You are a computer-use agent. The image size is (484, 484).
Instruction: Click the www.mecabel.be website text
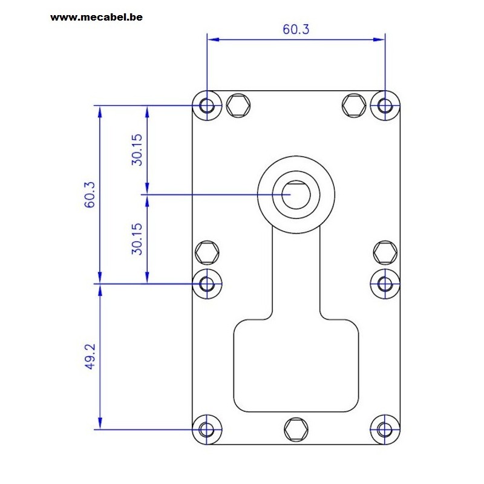(x=96, y=18)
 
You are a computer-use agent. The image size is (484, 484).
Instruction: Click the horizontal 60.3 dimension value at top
(x=296, y=29)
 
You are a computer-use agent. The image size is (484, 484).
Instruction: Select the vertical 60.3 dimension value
(x=90, y=195)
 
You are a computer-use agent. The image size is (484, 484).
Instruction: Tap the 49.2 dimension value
(x=90, y=356)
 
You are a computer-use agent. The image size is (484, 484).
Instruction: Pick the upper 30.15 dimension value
(x=137, y=149)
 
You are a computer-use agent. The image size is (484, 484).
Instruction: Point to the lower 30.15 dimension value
(x=137, y=239)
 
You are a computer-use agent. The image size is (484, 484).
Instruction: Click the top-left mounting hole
(x=207, y=105)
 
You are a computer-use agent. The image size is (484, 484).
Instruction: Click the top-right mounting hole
(x=385, y=105)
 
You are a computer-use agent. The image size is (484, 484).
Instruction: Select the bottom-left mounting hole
(x=207, y=430)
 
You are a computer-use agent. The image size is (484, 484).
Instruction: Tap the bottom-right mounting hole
(x=385, y=430)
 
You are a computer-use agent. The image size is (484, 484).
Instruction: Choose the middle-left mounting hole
(x=207, y=284)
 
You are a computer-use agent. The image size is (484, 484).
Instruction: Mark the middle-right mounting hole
(x=385, y=284)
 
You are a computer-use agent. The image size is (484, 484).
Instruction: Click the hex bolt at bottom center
(x=296, y=430)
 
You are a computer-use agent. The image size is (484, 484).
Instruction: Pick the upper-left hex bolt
(x=238, y=105)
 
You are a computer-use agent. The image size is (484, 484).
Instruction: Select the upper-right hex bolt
(x=354, y=105)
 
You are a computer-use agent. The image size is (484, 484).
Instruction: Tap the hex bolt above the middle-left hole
(x=207, y=252)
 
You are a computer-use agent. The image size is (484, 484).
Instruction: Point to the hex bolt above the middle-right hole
(x=385, y=252)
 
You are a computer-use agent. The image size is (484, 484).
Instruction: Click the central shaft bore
(x=296, y=195)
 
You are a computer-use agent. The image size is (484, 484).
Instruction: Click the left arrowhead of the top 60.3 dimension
(x=214, y=39)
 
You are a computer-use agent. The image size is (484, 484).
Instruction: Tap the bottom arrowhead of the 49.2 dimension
(x=100, y=423)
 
